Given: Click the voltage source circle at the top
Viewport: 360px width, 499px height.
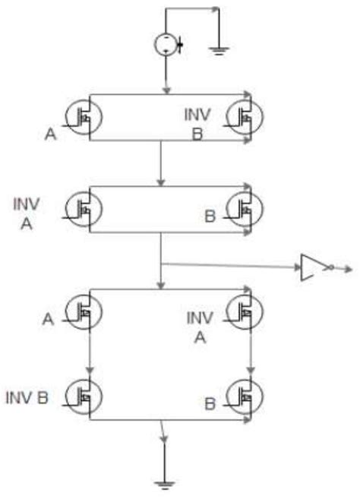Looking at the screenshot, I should (x=166, y=43).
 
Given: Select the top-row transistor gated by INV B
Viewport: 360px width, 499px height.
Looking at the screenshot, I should (x=247, y=118).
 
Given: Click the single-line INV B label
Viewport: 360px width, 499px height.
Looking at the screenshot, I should (x=27, y=397).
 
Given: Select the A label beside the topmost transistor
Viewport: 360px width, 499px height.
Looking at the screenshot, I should (x=50, y=134).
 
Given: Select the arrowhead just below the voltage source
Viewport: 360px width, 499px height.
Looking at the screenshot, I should (x=166, y=90).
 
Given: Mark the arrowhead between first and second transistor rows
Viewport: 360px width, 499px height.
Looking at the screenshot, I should (x=161, y=182).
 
